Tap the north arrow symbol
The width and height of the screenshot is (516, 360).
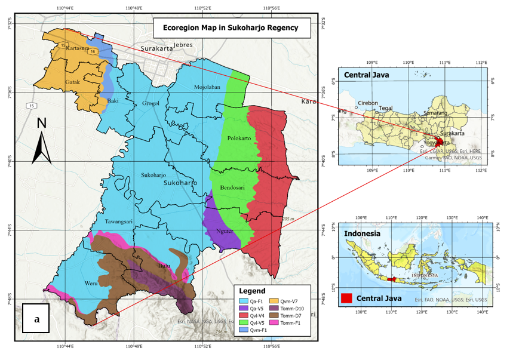(x=41, y=141)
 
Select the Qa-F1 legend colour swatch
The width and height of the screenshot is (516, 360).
(x=244, y=300)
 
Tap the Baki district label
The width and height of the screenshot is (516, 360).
(x=112, y=101)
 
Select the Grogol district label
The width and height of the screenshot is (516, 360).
(x=151, y=103)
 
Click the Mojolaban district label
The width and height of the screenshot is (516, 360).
(x=207, y=87)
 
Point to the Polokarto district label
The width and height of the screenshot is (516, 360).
(x=239, y=138)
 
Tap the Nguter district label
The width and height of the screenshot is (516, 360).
(x=225, y=232)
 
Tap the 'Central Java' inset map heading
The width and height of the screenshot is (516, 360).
(x=361, y=75)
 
